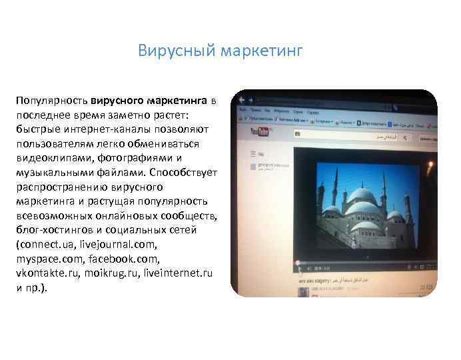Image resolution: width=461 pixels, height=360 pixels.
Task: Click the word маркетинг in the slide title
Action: tap(262, 51)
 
